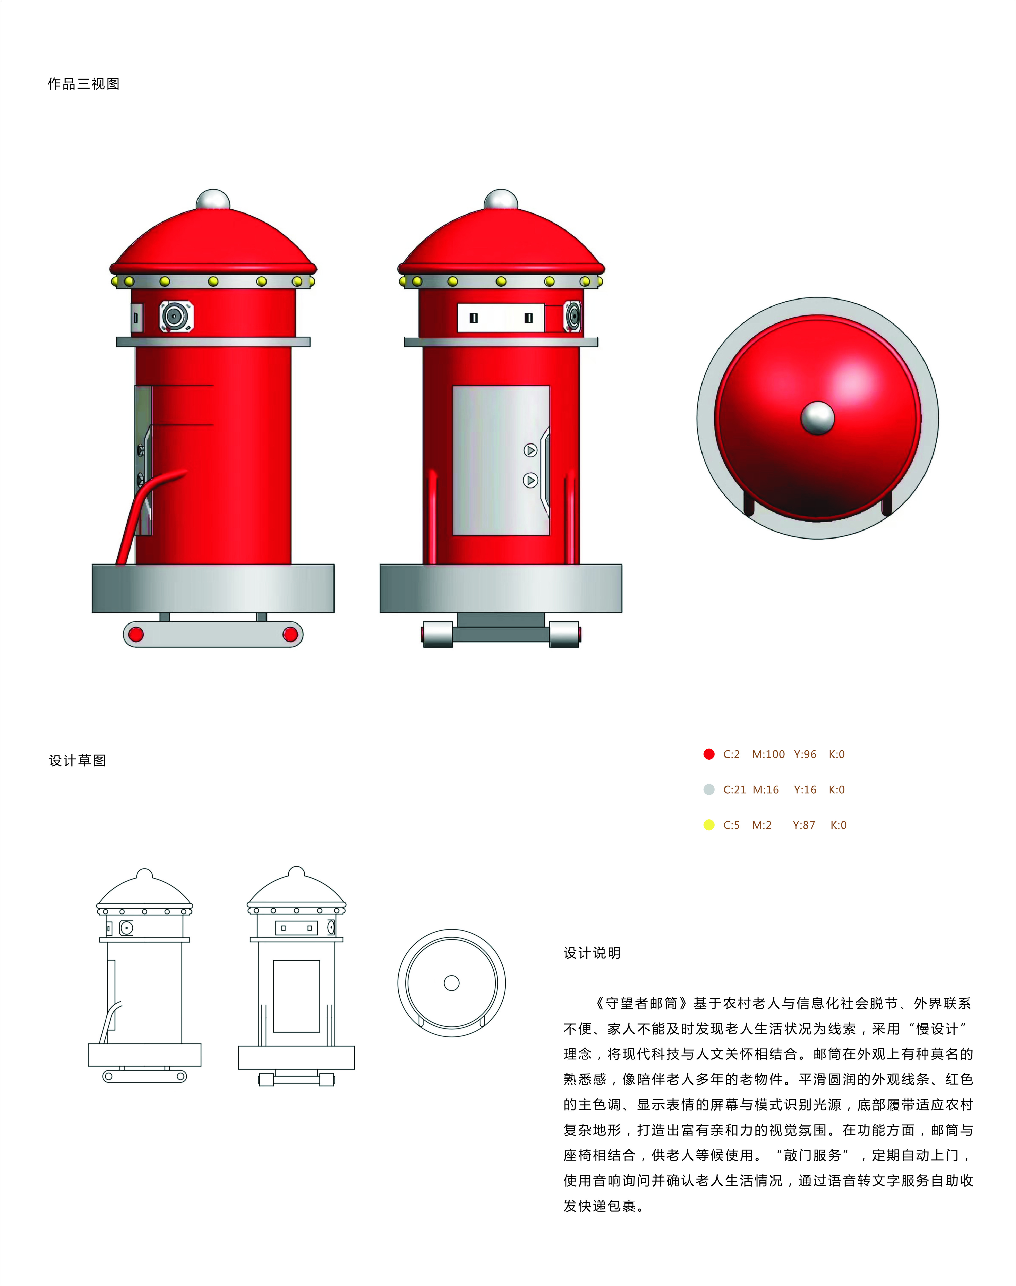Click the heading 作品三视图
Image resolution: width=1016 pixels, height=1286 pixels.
point(84,84)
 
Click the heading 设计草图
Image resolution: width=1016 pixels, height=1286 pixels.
point(77,760)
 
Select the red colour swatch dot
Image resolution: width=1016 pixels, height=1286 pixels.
point(708,754)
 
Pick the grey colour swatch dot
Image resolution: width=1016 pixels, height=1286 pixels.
point(708,790)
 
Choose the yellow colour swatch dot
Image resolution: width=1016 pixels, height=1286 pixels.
point(708,825)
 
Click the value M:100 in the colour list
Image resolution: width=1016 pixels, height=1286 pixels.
point(769,754)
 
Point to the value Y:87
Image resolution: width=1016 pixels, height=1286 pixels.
point(804,825)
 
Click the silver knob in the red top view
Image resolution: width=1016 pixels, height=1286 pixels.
point(817,418)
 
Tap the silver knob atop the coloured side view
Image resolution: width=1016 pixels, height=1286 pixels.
point(213,200)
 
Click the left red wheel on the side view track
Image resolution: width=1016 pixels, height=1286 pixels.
point(136,634)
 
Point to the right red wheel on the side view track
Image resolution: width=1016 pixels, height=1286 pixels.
point(290,634)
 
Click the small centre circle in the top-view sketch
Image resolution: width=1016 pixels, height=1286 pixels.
point(452,983)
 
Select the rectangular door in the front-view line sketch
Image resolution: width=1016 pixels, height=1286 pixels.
point(296,996)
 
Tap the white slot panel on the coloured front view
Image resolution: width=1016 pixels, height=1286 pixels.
point(501,317)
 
